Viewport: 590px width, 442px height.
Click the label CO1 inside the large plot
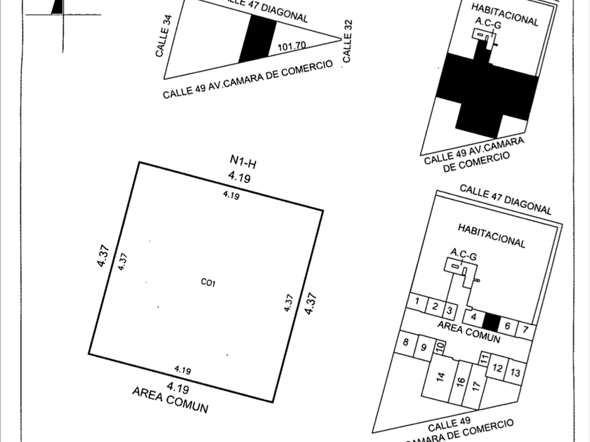tap(207, 283)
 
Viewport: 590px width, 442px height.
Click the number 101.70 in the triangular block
tap(291, 48)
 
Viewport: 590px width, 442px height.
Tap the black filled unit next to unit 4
tap(492, 322)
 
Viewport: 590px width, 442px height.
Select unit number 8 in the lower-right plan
tap(406, 342)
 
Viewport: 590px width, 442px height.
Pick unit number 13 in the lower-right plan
tap(516, 373)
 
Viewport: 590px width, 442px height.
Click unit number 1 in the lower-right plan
tap(418, 302)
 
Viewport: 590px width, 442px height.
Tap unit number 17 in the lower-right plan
tap(476, 386)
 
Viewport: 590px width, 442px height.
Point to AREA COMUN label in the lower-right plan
tap(469, 332)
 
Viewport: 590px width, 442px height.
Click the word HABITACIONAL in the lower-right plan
tap(492, 236)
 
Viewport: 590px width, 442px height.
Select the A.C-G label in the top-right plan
tap(487, 24)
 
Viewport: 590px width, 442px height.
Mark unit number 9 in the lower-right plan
tap(423, 347)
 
